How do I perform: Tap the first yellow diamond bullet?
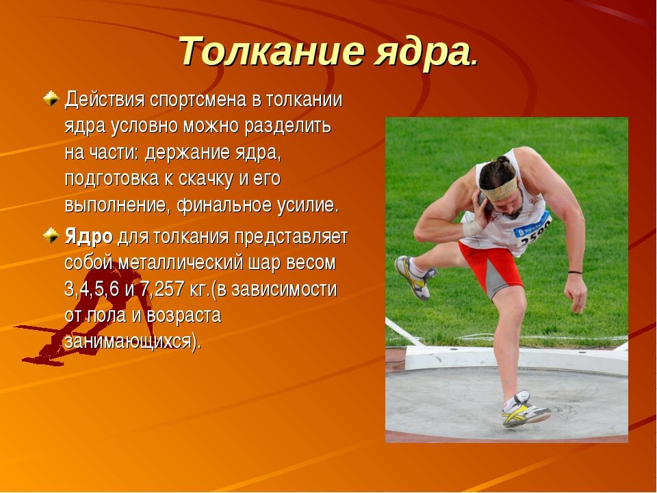51,99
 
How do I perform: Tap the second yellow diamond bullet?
51,236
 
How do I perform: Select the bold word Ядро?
88,237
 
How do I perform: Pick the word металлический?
180,263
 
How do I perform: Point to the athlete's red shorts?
491,266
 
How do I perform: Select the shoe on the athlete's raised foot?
415,277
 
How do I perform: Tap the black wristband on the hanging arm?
575,273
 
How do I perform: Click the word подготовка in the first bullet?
112,179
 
